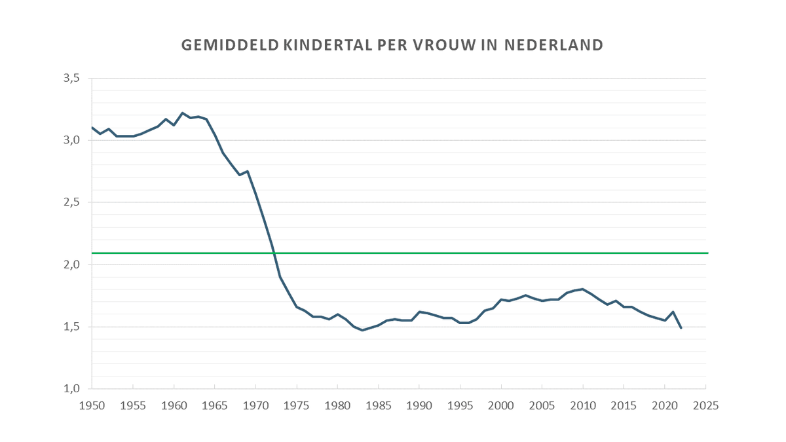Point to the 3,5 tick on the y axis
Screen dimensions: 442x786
(x=71, y=78)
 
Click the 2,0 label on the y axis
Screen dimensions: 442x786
(x=71, y=265)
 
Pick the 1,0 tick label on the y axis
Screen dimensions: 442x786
(x=71, y=389)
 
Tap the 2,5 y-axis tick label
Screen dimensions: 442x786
(x=71, y=202)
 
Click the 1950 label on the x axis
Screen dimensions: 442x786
(x=92, y=405)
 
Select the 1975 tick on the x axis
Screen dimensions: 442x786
(x=297, y=405)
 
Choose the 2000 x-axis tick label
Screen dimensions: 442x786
(x=501, y=405)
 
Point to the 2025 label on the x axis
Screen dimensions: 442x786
(x=706, y=405)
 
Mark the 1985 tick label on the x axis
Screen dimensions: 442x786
(x=379, y=405)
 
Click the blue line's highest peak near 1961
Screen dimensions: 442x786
(x=182, y=113)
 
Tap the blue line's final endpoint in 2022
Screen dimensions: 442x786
(x=681, y=328)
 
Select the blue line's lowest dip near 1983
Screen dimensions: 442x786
(x=362, y=330)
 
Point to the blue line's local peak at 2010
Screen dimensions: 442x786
(x=583, y=289)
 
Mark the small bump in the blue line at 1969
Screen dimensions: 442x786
(x=248, y=171)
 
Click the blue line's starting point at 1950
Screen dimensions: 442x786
(x=92, y=127)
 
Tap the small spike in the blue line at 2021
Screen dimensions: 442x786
(x=673, y=312)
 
